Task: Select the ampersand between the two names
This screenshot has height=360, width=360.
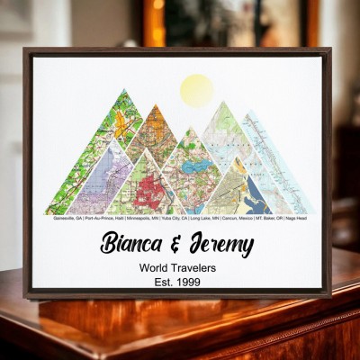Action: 179,243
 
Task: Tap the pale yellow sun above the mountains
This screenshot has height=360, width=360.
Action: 197,90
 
